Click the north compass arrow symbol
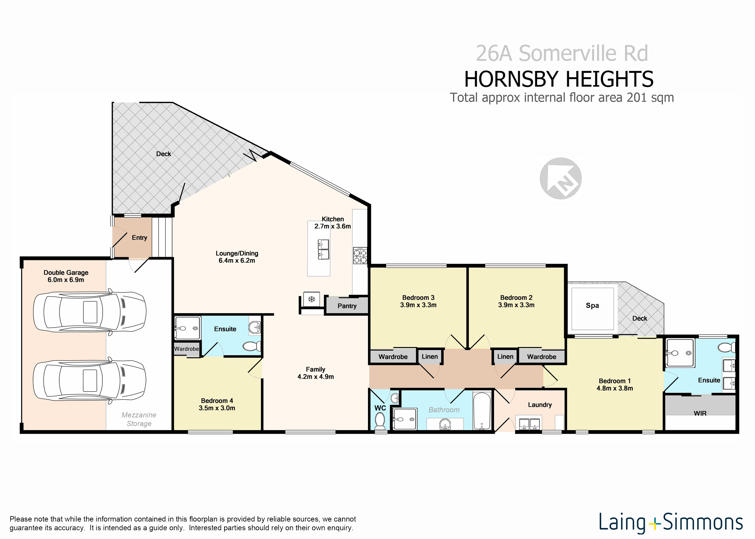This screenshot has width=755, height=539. click(560, 178)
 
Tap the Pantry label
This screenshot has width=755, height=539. click(347, 306)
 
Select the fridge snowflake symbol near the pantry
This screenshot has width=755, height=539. click(311, 299)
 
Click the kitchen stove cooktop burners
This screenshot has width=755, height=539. click(360, 255)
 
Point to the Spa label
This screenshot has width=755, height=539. click(592, 305)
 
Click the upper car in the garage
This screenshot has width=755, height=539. click(90, 312)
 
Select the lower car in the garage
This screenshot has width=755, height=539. click(90, 380)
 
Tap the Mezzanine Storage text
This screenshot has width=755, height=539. click(139, 419)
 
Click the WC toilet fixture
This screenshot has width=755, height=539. click(379, 422)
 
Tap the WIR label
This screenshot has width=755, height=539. click(700, 413)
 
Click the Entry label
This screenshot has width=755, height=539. click(139, 237)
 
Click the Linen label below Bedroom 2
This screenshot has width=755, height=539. click(505, 356)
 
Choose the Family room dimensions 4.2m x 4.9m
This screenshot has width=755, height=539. click(315, 376)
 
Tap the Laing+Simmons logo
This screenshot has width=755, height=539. click(671, 523)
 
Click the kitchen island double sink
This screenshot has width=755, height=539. click(323, 249)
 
